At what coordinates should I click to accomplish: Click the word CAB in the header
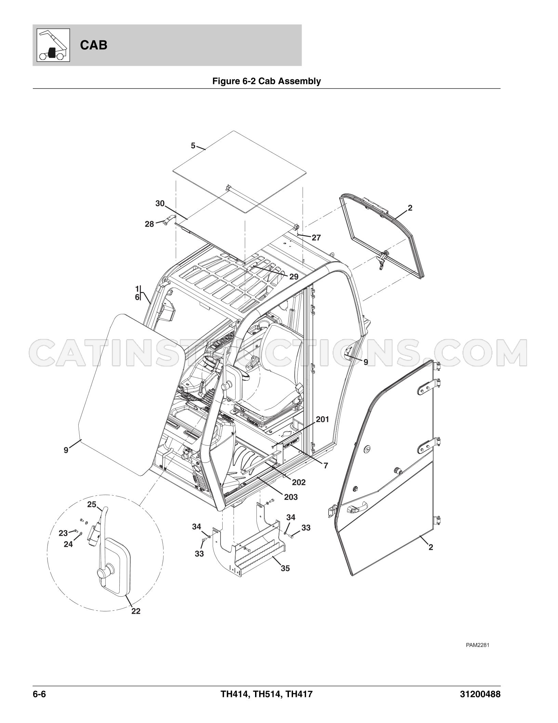(94, 45)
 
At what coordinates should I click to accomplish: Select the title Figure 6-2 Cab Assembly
(267, 81)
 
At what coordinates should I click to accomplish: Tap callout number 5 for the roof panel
(193, 146)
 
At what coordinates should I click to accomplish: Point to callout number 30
(160, 204)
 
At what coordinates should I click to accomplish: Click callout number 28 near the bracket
(149, 225)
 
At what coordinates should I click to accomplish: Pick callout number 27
(316, 237)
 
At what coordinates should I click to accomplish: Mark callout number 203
(291, 497)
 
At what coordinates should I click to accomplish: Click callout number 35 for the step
(285, 568)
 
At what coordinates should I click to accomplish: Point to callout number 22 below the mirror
(136, 611)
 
